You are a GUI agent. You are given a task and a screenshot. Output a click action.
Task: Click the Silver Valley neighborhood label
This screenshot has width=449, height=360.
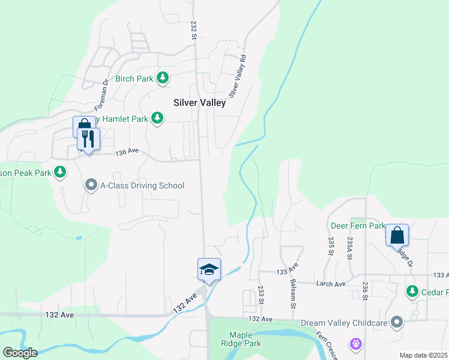coord(199,103)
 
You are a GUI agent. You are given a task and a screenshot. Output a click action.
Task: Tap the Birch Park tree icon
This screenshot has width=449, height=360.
coord(162,78)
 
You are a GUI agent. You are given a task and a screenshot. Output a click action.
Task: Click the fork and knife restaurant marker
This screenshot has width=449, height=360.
coord(88,140)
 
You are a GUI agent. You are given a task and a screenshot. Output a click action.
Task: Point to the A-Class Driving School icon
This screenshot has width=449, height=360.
coord(91,185)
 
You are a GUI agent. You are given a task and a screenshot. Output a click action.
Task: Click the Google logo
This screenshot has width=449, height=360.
coord(19,353)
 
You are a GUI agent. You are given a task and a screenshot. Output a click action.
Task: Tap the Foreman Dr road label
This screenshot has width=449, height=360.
coord(101,91)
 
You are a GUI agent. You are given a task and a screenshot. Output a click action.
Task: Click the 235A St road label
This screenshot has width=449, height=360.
coord(349,247)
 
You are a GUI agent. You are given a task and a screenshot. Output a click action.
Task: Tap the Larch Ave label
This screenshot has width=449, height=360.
coord(331,284)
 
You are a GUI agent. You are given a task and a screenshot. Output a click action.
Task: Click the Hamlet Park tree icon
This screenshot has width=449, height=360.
coord(157,118)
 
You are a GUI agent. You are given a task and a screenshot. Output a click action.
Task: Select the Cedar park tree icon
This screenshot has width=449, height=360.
coord(412,292)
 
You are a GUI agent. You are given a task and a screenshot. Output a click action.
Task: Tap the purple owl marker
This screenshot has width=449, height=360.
coord(355,344)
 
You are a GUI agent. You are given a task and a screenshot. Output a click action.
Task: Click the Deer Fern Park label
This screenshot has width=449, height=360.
coord(358,226)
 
